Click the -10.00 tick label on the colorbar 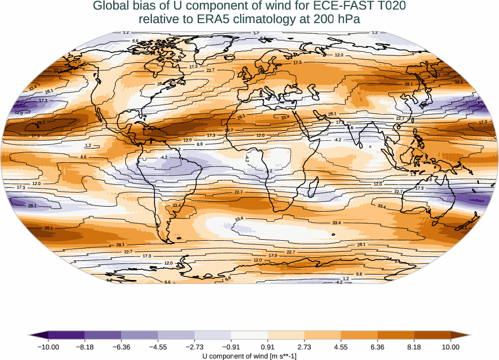(x=48, y=347)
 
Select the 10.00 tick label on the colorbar (x=451, y=347)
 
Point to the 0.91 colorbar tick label (x=268, y=347)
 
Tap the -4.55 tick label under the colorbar (x=158, y=347)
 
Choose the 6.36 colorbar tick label (x=377, y=347)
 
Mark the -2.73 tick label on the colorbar (x=195, y=347)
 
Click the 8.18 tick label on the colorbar (x=414, y=347)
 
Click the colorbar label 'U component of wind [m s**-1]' (x=249, y=356)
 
